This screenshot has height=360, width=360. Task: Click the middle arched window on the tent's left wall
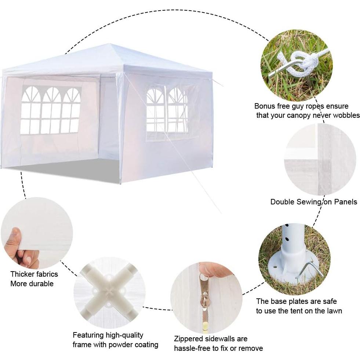[51, 110]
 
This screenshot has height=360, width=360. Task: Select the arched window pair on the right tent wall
[167, 110]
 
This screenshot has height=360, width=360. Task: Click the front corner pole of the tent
[120, 128]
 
